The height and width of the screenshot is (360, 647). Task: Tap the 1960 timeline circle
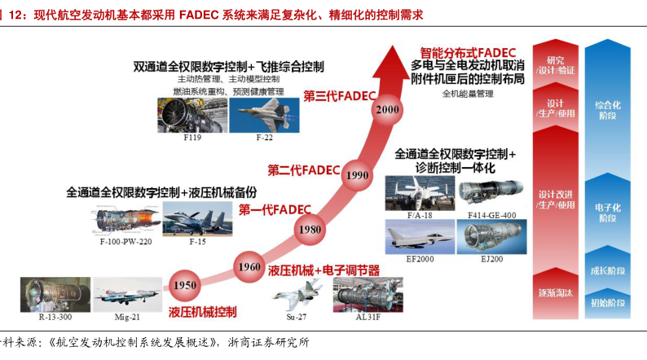pyautogui.click(x=249, y=267)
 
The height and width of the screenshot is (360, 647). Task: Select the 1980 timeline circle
pyautogui.click(x=310, y=230)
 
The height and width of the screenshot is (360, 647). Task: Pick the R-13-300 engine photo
pyautogui.click(x=44, y=294)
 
